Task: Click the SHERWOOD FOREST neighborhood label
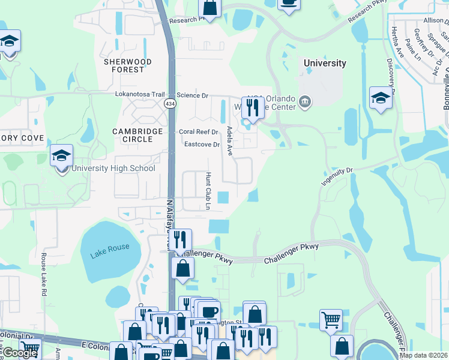pyautogui.click(x=127, y=65)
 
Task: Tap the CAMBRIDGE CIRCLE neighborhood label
pyautogui.click(x=137, y=135)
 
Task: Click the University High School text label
pyautogui.click(x=113, y=168)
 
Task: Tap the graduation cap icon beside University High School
pyautogui.click(x=61, y=157)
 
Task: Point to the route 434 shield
pyautogui.click(x=170, y=104)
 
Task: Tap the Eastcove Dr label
pyautogui.click(x=202, y=144)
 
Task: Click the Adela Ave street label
pyautogui.click(x=229, y=142)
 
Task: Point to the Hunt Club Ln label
pyautogui.click(x=208, y=191)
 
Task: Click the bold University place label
pyautogui.click(x=325, y=63)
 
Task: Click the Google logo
pyautogui.click(x=20, y=353)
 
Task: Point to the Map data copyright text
pyautogui.click(x=423, y=355)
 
